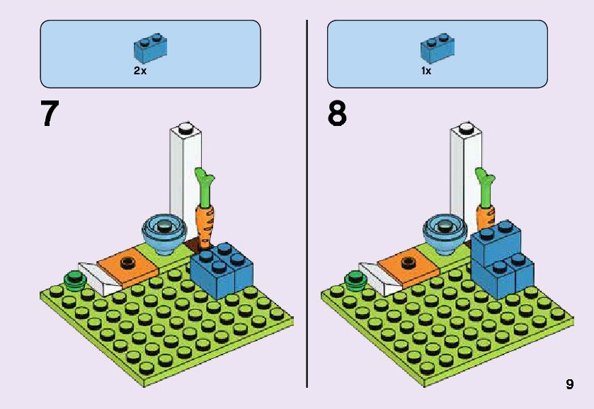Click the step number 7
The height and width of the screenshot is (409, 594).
(50, 115)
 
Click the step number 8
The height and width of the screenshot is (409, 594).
(337, 115)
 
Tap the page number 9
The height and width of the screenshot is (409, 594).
(569, 384)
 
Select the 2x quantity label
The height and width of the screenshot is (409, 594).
(141, 71)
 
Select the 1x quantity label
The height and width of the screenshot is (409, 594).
(426, 71)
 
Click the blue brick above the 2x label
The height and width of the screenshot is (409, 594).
(149, 47)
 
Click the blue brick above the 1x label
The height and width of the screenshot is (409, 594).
(437, 47)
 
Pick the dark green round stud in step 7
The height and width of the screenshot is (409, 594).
(74, 280)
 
